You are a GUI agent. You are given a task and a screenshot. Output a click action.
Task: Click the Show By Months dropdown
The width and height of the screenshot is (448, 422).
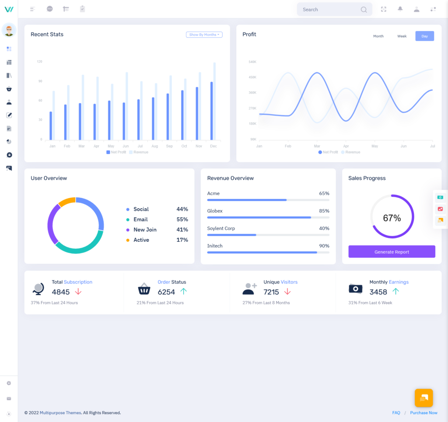[204, 35]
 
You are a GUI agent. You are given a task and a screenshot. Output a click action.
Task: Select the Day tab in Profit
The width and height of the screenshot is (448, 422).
[424, 36]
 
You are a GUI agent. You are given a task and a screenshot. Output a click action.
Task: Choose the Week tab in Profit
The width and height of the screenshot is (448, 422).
[402, 36]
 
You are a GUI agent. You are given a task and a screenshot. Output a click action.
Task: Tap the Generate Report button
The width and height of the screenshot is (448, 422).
[392, 252]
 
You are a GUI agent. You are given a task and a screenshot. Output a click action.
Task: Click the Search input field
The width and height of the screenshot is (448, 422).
[330, 10]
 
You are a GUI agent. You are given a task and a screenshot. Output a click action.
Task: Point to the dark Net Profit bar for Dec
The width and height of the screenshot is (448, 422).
[212, 111]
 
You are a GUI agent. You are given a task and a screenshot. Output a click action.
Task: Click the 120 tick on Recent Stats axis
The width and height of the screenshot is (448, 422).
[40, 62]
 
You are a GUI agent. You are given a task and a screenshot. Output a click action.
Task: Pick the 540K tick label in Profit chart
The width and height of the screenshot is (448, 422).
[252, 62]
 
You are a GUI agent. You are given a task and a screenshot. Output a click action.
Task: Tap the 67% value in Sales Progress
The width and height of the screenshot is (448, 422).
[392, 218]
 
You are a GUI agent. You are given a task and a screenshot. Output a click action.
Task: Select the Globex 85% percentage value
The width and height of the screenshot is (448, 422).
[324, 211]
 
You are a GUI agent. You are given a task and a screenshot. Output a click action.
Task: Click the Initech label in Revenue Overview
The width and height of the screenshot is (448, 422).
[215, 246]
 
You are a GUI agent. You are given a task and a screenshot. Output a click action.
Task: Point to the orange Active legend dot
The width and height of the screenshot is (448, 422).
[128, 240]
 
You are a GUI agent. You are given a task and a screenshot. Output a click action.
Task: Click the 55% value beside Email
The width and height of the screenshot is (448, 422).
[182, 220]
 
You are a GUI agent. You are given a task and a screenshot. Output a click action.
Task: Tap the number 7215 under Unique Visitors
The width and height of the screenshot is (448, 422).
[271, 292]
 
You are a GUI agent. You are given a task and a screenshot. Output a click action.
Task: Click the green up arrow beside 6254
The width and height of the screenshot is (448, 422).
[184, 291]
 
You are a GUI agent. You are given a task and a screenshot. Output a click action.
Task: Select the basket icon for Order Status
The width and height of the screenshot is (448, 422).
[144, 289]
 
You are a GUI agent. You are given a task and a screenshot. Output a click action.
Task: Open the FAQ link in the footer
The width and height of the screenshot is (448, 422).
[396, 413]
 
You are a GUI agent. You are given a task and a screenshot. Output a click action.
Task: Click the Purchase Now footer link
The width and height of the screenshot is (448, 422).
[423, 413]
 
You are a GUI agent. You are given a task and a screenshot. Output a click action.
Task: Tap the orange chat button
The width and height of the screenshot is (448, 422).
[423, 398]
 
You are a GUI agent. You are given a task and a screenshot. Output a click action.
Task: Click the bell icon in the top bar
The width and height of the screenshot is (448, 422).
[400, 9]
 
